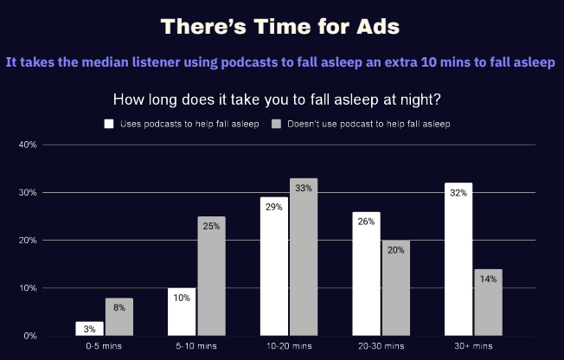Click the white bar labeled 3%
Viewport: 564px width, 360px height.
(x=90, y=329)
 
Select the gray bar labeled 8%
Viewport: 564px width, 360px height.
(x=119, y=317)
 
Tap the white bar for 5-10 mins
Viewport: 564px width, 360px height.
(x=182, y=312)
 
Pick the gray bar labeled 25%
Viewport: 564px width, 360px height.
(x=211, y=276)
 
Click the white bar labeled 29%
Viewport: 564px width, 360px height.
(x=274, y=267)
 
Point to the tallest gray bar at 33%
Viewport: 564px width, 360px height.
(x=304, y=257)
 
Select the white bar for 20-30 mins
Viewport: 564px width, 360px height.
(x=366, y=274)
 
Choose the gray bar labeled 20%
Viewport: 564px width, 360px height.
(x=396, y=288)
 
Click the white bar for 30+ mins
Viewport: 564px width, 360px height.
(x=458, y=260)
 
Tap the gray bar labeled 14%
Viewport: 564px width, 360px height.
(x=488, y=302)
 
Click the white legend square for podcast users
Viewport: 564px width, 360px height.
(x=109, y=124)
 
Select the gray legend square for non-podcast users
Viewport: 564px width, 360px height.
(x=276, y=124)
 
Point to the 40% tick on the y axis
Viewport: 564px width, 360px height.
(x=28, y=145)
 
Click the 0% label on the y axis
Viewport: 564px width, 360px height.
(x=30, y=336)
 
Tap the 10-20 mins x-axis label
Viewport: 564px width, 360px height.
(x=289, y=346)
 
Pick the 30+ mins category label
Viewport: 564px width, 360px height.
(x=473, y=346)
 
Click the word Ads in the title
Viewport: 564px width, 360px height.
(x=378, y=27)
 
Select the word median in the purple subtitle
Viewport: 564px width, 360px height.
(x=106, y=62)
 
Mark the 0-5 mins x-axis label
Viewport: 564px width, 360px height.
(x=104, y=346)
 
